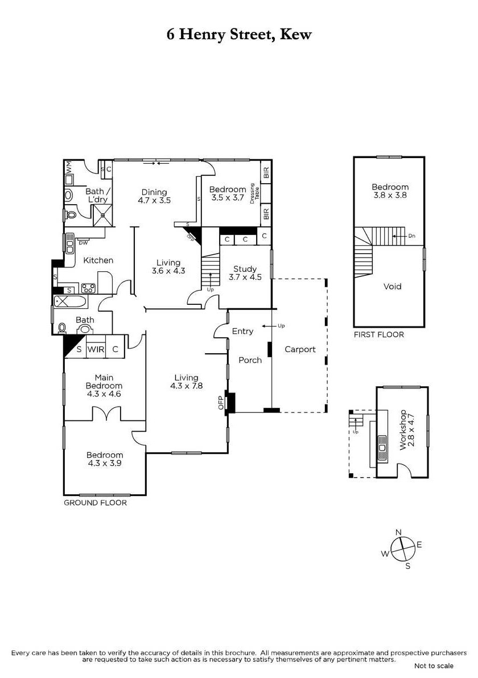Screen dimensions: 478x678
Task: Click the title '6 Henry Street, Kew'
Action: [x=239, y=35]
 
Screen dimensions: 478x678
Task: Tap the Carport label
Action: [x=300, y=349]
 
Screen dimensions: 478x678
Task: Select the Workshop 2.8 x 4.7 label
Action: [x=407, y=430]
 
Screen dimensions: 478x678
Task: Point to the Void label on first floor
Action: [x=392, y=286]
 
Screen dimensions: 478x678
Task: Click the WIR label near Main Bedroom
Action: [x=96, y=349]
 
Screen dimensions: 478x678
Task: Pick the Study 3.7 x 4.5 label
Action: [x=245, y=273]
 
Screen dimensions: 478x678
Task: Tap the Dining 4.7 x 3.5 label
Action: [x=154, y=196]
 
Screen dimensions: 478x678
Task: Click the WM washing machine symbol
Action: [x=69, y=167]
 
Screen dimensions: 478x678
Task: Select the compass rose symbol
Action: [x=403, y=549]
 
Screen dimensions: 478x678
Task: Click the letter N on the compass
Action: [x=398, y=532]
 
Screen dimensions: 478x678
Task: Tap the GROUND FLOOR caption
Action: [x=95, y=502]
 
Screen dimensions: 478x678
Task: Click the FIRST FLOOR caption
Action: [x=378, y=334]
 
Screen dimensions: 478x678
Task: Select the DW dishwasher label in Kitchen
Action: [x=83, y=243]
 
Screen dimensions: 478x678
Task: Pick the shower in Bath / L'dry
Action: [x=104, y=215]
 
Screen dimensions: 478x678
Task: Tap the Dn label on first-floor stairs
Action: [x=412, y=236]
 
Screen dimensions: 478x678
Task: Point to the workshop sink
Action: [x=382, y=449]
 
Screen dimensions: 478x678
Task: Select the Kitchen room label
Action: [x=98, y=260]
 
